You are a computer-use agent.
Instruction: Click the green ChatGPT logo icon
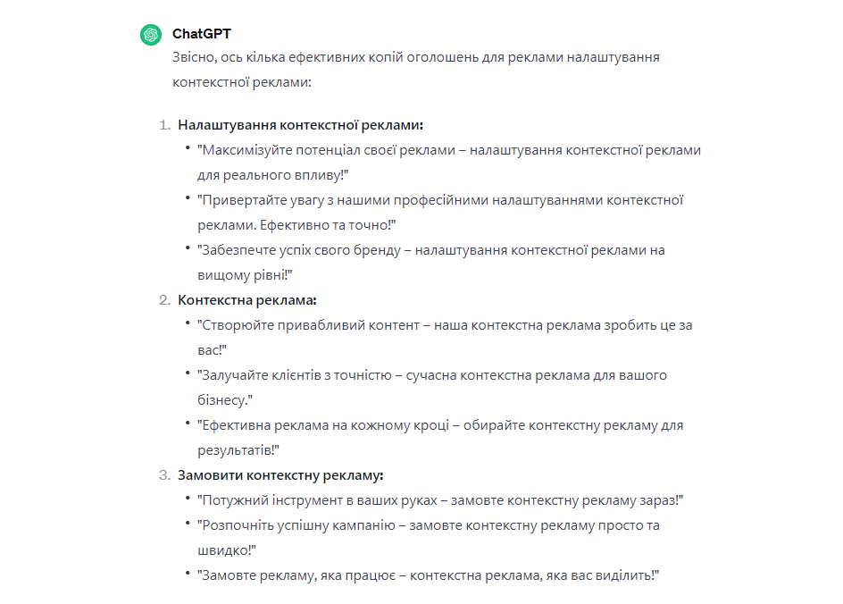tap(150, 35)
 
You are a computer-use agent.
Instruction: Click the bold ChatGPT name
tap(201, 34)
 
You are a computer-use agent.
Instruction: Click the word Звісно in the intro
tap(196, 57)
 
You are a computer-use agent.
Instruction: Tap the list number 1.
tap(163, 125)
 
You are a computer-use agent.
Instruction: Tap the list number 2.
tap(163, 300)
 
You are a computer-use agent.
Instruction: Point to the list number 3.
tap(163, 475)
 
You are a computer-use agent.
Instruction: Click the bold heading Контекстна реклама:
tap(247, 300)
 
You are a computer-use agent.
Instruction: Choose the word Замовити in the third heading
tap(206, 475)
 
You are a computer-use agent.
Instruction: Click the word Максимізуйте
tap(245, 150)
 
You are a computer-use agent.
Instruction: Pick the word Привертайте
tap(239, 200)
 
